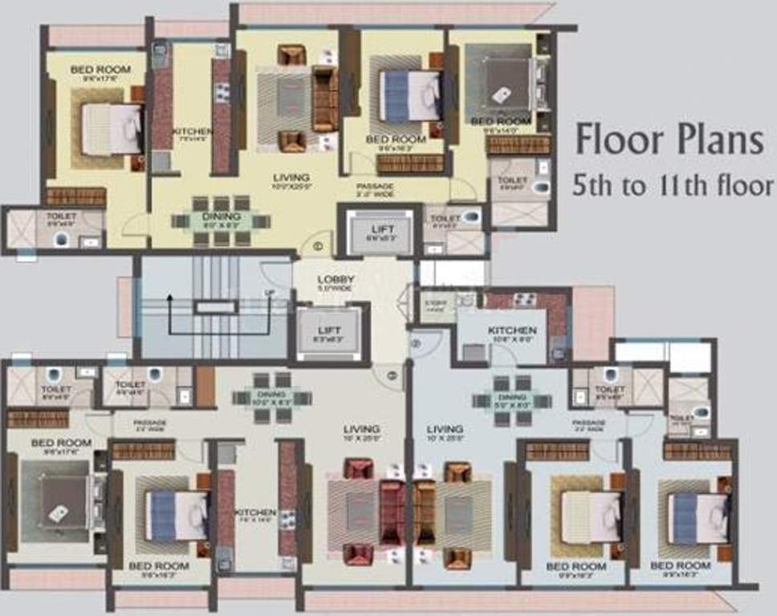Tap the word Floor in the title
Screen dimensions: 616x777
[616, 142]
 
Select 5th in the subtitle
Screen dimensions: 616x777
[592, 187]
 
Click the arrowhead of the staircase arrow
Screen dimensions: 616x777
[169, 298]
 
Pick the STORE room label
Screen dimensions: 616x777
[436, 303]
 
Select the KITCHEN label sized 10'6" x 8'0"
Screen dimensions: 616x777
[511, 330]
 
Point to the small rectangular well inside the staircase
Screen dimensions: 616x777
[214, 306]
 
